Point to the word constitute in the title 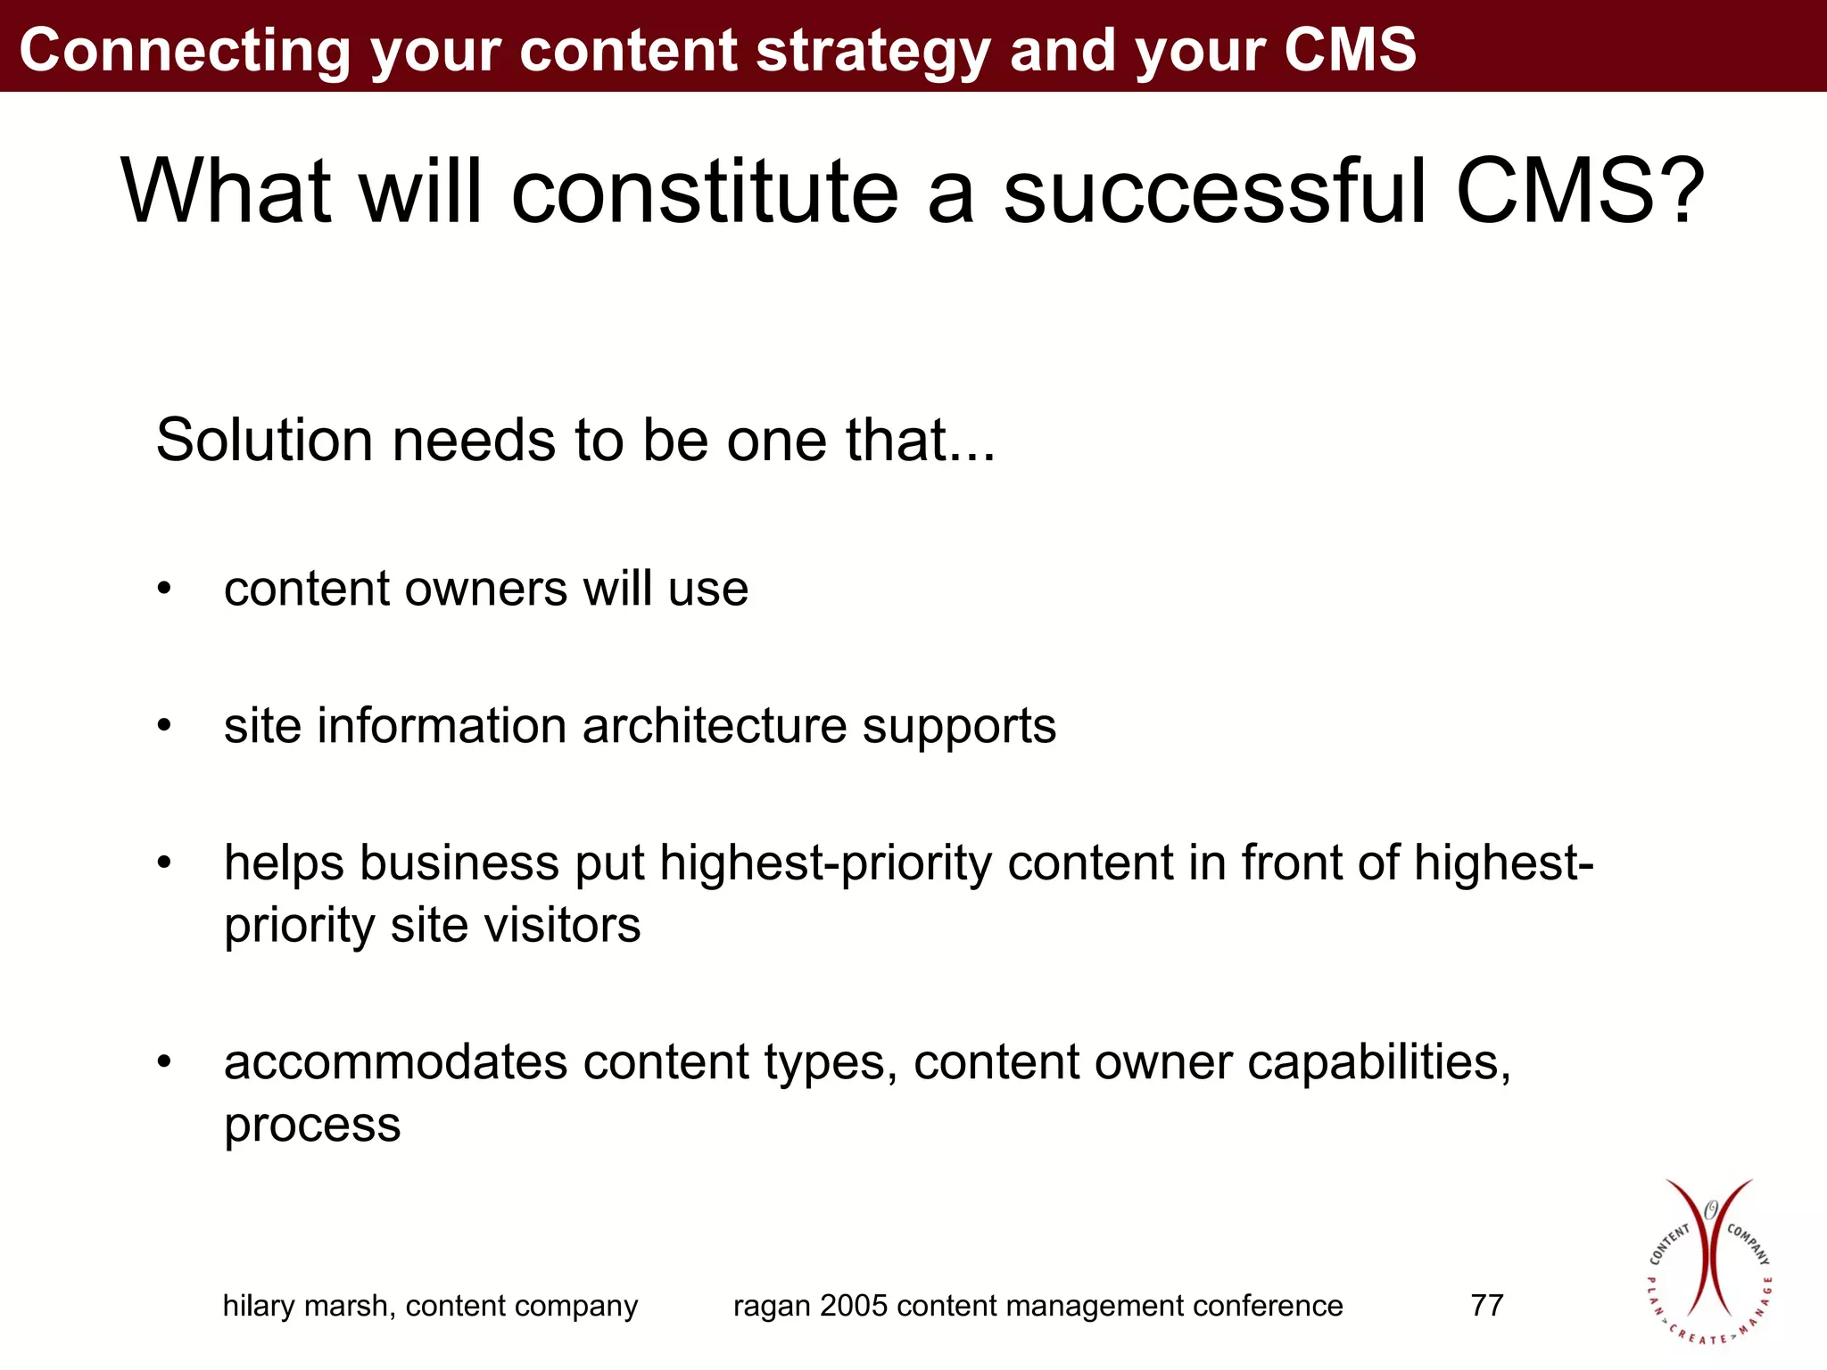[704, 191]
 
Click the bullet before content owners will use [163, 590]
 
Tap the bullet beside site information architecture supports [163, 726]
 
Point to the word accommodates [395, 1062]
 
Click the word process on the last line [312, 1126]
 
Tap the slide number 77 [1486, 1305]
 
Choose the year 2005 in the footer [854, 1305]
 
